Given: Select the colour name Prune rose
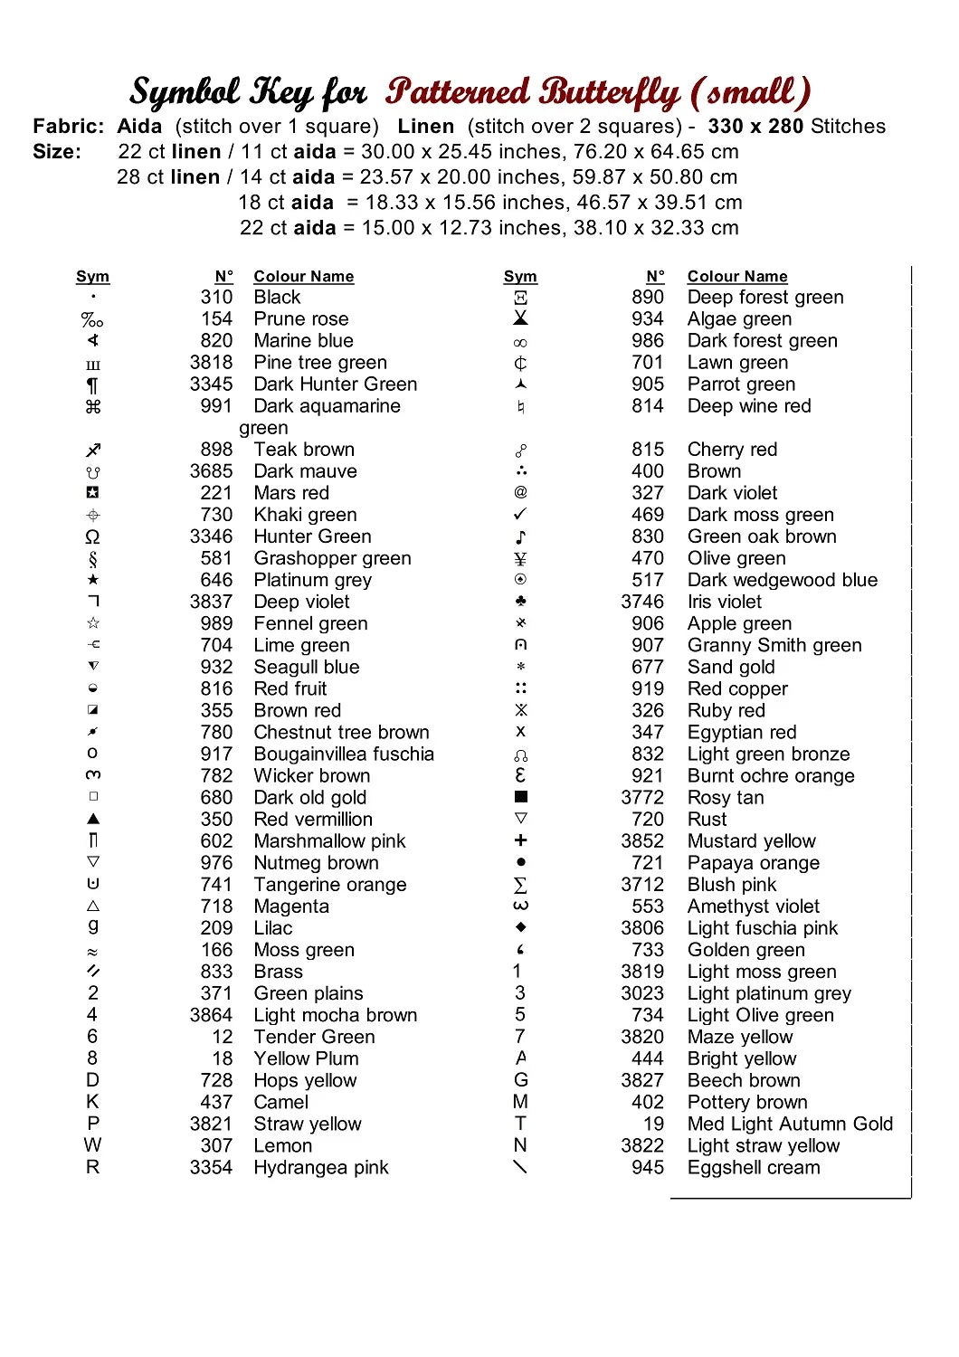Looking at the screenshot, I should coord(300,319).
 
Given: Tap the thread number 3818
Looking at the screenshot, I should coord(211,363).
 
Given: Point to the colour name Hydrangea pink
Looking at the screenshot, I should coord(320,1168).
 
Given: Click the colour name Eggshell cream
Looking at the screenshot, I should coord(754,1168).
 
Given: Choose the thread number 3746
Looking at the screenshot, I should coord(642,603).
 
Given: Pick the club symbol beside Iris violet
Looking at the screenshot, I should coord(520,602).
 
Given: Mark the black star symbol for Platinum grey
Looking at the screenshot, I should coord(93,580).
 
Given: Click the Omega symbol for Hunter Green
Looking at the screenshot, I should coord(92,537).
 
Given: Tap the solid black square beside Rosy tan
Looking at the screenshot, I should coord(520,797).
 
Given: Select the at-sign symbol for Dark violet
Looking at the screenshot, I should coord(520,492).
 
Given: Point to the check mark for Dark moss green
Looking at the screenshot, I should coord(520,514).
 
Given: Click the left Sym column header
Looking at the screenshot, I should coord(92,277).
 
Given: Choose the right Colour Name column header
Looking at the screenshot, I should coord(737,277).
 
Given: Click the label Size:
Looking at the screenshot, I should coord(57,152).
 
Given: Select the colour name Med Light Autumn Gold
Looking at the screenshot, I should coord(790,1125).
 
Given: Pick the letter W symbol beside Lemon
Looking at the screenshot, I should coord(92,1145).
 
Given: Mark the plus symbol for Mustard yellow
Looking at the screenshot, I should coord(520,840).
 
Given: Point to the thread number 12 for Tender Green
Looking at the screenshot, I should coord(223,1038).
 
